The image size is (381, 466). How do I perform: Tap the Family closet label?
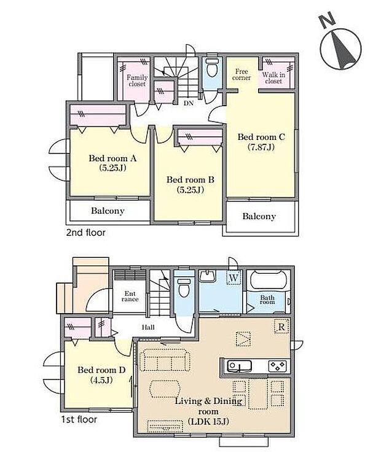tap(136, 80)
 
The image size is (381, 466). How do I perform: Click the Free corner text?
tap(242, 74)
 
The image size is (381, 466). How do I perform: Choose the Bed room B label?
tap(190, 184)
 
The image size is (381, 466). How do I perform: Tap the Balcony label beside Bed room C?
tap(259, 216)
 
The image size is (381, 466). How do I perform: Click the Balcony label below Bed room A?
tap(108, 211)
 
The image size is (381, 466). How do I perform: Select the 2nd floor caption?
tap(85, 233)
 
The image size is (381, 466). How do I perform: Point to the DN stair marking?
tap(188, 103)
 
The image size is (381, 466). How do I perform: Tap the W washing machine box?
tap(234, 278)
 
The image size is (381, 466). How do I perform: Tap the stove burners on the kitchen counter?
tap(277, 366)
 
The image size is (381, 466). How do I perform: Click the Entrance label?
tap(130, 296)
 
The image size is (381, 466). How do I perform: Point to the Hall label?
tap(147, 328)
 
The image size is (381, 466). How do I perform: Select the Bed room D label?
tap(101, 375)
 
